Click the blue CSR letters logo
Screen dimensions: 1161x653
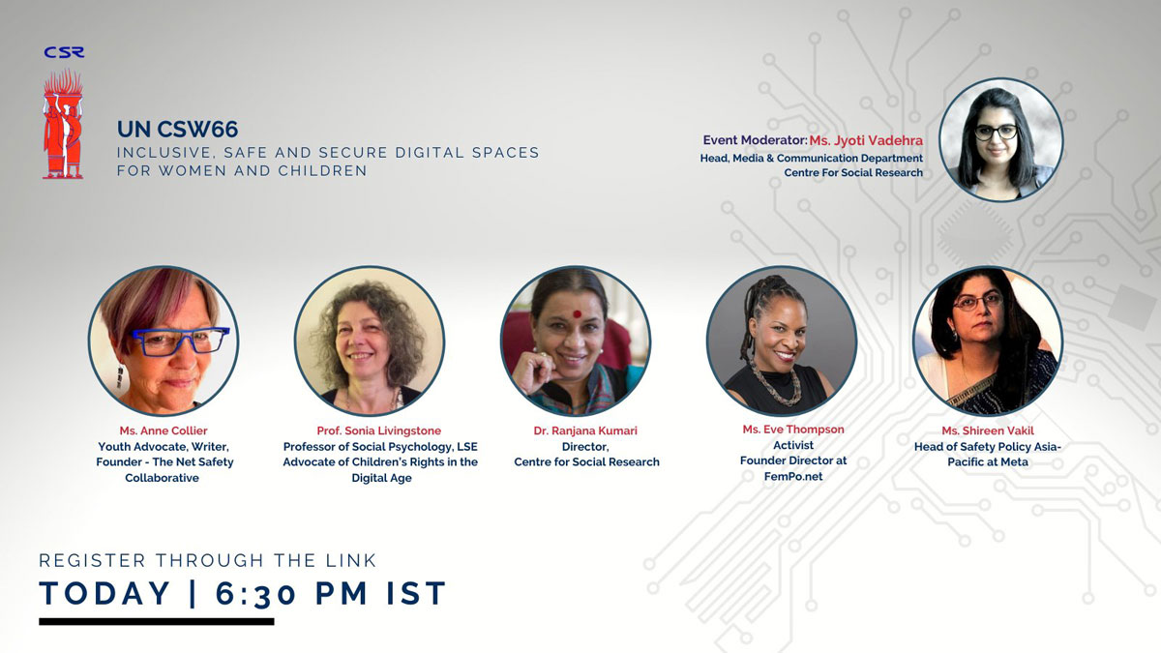64,52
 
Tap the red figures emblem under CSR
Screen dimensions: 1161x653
63,124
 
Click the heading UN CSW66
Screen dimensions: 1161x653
177,129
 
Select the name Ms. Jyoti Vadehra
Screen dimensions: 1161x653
866,140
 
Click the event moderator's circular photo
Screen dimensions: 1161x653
1000,140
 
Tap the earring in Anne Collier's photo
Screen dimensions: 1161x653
121,376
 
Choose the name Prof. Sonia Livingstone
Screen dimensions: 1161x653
379,430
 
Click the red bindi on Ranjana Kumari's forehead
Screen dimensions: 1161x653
577,314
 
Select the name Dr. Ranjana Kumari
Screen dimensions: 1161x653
585,430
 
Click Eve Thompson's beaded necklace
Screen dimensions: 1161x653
775,382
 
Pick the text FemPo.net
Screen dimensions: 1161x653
793,476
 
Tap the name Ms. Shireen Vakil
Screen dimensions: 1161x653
988,430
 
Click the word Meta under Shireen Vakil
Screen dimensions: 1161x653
1013,461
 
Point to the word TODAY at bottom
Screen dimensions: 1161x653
104,593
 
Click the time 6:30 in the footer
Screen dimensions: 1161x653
255,593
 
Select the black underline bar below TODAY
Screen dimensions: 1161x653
157,621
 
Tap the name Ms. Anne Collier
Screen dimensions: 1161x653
164,430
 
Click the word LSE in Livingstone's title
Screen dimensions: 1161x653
466,447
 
